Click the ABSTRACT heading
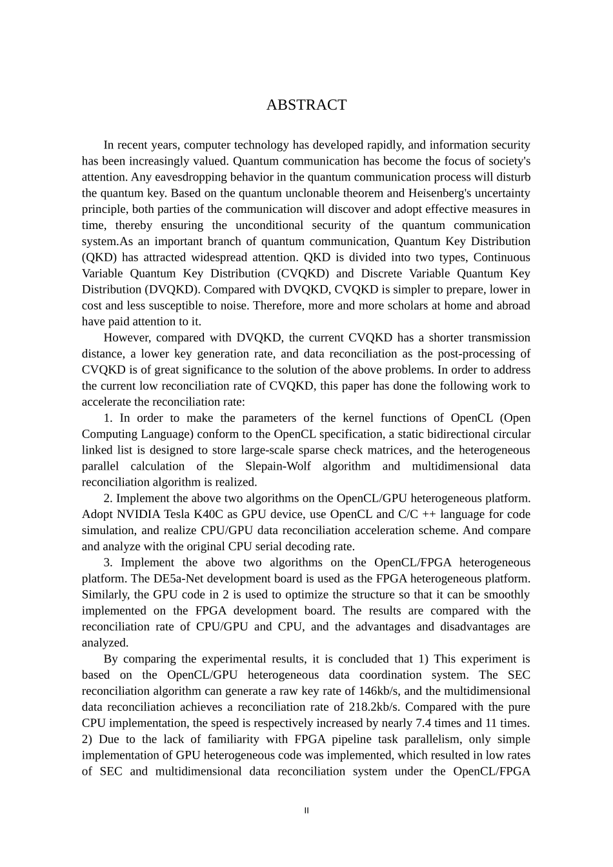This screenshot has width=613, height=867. (306, 105)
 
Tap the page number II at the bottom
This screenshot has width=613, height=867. (306, 811)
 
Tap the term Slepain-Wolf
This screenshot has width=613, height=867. (277, 466)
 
